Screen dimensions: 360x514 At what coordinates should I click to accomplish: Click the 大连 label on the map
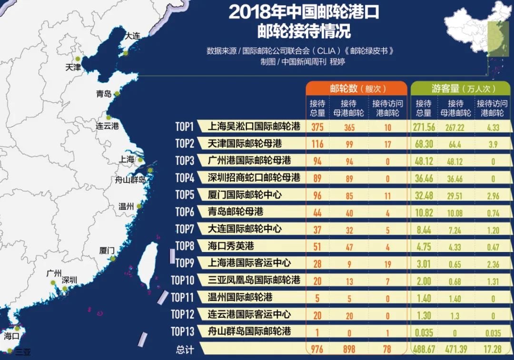[x=132, y=36]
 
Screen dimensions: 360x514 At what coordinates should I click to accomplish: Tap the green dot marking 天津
[x=78, y=59]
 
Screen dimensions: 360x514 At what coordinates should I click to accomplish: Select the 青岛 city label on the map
[x=103, y=94]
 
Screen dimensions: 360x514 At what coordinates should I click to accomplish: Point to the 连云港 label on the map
[x=107, y=126]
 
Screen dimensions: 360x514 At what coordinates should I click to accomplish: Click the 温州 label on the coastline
[x=126, y=206]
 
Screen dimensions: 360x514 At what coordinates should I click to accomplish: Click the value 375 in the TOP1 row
[x=317, y=127]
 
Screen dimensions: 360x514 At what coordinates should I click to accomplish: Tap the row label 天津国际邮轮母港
[x=245, y=143]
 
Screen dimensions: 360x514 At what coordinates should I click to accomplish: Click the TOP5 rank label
[x=184, y=195]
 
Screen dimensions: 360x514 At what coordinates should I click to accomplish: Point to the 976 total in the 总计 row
[x=317, y=349]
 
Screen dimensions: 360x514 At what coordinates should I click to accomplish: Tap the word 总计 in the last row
[x=185, y=350]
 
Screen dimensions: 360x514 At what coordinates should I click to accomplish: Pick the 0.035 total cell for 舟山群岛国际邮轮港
[x=423, y=332]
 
